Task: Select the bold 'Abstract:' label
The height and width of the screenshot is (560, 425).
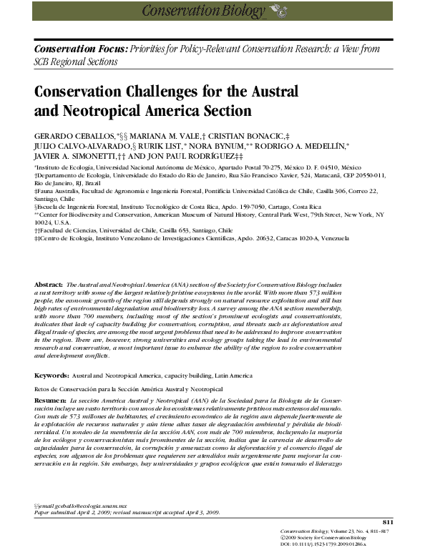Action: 49,324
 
